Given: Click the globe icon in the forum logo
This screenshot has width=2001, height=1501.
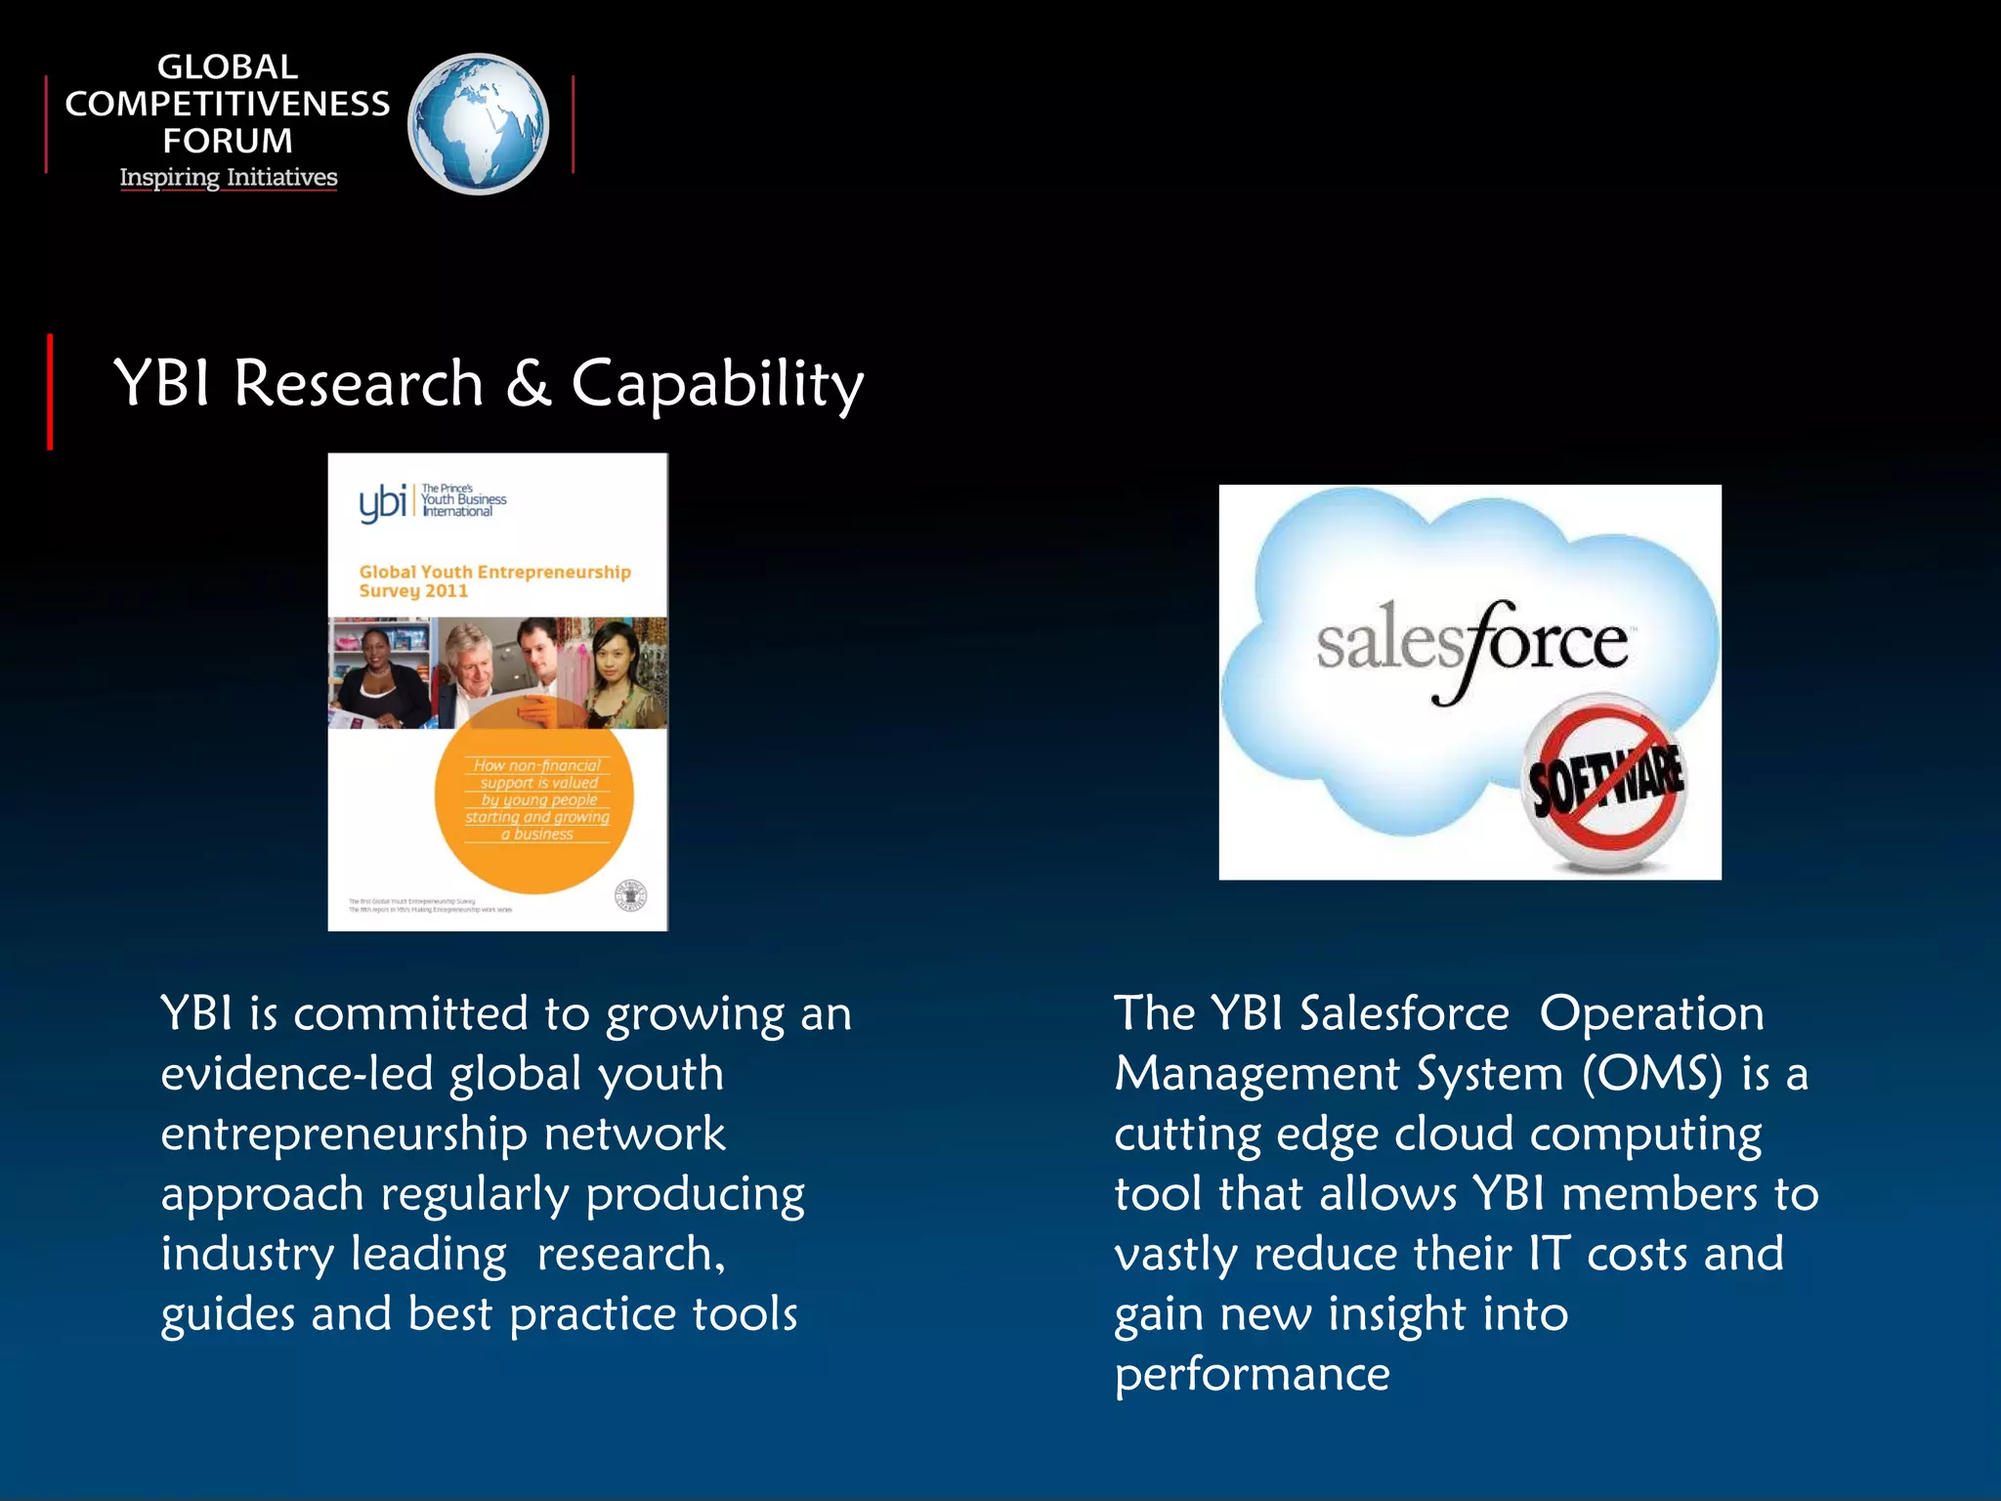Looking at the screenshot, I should pyautogui.click(x=478, y=124).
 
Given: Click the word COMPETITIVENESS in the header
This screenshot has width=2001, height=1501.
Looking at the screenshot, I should pyautogui.click(x=227, y=104).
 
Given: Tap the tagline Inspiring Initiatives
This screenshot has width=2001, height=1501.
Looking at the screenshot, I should pyautogui.click(x=229, y=178).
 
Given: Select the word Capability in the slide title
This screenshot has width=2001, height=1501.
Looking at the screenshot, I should pyautogui.click(x=716, y=384).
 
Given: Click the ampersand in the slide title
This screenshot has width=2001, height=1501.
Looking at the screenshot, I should pyautogui.click(x=528, y=382).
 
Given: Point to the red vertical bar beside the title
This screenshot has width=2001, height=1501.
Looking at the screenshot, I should pyautogui.click(x=50, y=391).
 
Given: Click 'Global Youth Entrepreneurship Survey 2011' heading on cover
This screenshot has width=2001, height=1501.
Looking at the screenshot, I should pyautogui.click(x=493, y=580).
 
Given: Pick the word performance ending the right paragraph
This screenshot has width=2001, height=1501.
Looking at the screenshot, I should pyautogui.click(x=1252, y=1374).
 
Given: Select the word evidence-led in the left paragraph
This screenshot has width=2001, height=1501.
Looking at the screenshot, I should pyautogui.click(x=297, y=1074).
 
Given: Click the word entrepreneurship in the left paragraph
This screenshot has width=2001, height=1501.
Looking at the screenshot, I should pyautogui.click(x=344, y=1135).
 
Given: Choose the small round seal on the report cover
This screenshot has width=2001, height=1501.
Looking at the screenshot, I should pyautogui.click(x=630, y=895).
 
